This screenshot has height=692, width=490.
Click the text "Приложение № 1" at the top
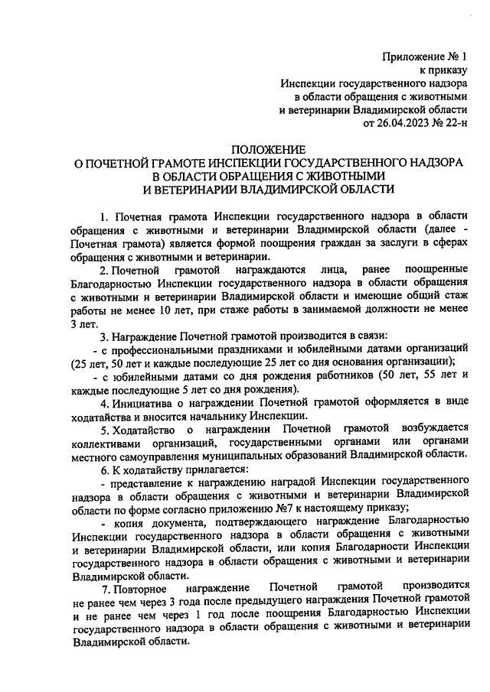coord(427,56)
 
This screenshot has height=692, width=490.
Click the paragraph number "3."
coord(105,337)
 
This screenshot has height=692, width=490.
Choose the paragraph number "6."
coord(105,473)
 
